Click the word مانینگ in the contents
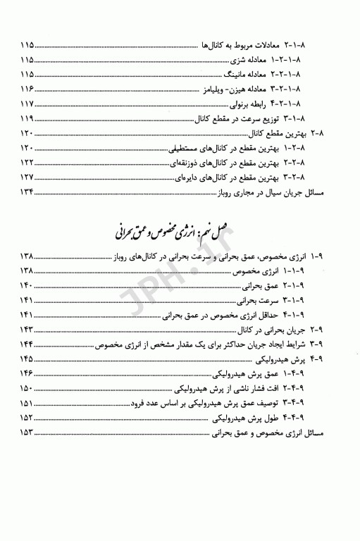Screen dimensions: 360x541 [x=237, y=75]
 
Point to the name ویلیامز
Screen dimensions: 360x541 [x=218, y=89]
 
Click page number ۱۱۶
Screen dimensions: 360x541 [x=29, y=89]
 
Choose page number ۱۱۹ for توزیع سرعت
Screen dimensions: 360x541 [x=29, y=119]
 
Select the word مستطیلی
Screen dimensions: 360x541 [x=191, y=149]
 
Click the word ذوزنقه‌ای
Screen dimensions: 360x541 [x=187, y=164]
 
